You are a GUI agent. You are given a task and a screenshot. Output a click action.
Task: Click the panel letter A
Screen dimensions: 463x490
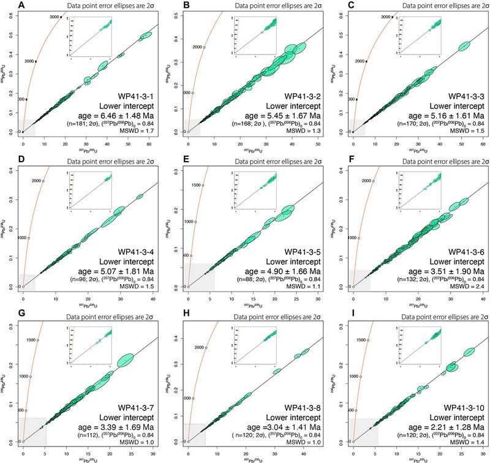tap(6, 6)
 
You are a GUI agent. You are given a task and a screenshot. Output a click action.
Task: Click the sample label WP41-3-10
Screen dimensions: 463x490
tap(454, 407)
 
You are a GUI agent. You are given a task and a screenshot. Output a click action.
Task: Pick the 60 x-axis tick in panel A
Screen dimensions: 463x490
tap(148, 141)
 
